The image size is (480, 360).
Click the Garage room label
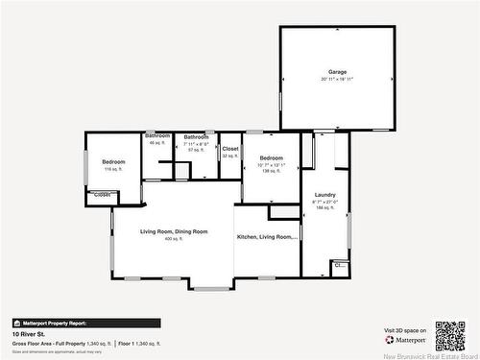click(337, 72)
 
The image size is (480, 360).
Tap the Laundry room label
click(324, 195)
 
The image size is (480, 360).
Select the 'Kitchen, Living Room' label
click(267, 235)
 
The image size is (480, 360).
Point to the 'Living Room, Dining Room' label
click(173, 231)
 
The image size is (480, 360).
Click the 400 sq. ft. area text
click(172, 239)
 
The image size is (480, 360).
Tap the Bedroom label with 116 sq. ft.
click(113, 161)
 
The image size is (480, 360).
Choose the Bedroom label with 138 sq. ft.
click(271, 157)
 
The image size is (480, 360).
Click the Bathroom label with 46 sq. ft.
click(157, 136)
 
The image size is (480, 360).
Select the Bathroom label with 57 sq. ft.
click(197, 136)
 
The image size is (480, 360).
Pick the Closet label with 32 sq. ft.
click(230, 149)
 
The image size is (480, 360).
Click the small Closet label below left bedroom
click(102, 195)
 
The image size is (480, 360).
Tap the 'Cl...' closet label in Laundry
click(339, 265)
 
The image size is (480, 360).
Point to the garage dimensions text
click(337, 80)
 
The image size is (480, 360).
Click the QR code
click(449, 335)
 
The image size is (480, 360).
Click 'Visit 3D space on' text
click(403, 330)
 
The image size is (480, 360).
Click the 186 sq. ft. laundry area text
click(324, 208)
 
